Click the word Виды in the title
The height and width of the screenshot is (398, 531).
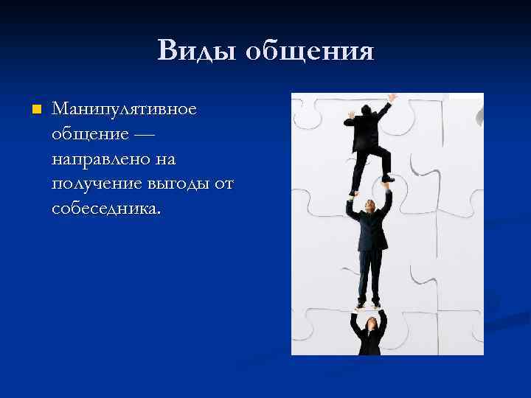tap(195, 51)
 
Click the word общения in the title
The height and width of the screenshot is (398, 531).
tap(309, 52)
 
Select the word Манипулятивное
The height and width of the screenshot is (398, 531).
tap(124, 109)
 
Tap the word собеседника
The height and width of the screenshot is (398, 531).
tap(105, 209)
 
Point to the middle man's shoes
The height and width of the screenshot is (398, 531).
tap(369, 303)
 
